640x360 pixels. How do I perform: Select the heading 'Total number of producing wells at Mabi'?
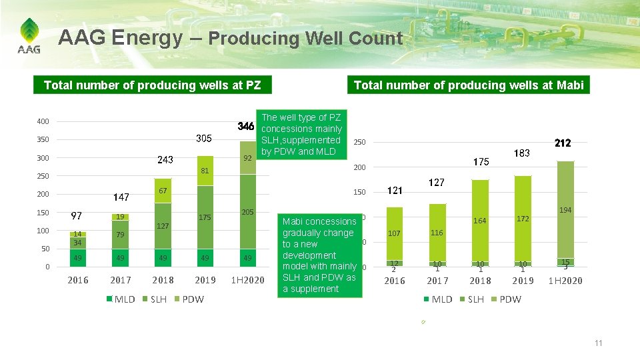pyautogui.click(x=468, y=85)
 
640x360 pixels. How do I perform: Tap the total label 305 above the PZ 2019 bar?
pyautogui.click(x=204, y=139)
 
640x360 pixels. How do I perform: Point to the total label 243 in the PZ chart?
pyautogui.click(x=165, y=160)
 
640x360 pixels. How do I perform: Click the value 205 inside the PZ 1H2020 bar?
pyautogui.click(x=248, y=212)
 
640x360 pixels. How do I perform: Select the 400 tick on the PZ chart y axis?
pyautogui.click(x=43, y=121)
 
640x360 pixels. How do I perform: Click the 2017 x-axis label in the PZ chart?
pyautogui.click(x=121, y=280)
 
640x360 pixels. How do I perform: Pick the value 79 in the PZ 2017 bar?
pyautogui.click(x=121, y=235)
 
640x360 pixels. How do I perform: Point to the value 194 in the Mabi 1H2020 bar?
pyautogui.click(x=565, y=210)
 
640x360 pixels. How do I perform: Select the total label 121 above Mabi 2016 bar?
pyautogui.click(x=395, y=191)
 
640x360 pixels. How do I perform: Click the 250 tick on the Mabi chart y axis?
pyautogui.click(x=359, y=142)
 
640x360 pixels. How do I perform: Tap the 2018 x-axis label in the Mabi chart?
pyautogui.click(x=480, y=281)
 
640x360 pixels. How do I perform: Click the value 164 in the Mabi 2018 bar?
pyautogui.click(x=480, y=221)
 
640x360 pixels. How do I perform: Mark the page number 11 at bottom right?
pyautogui.click(x=598, y=343)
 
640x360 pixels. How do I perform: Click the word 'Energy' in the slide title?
pyautogui.click(x=147, y=38)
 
